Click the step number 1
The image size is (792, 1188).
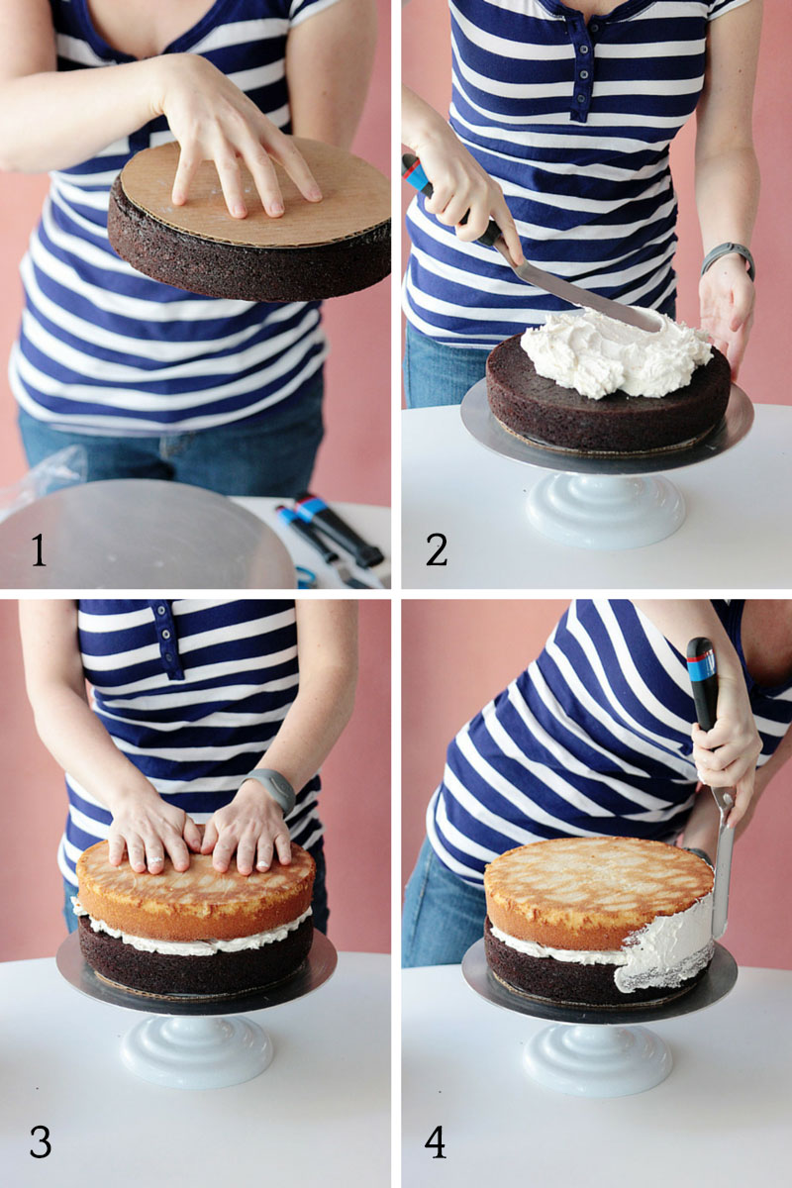coord(39,550)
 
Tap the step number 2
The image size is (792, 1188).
coord(436,550)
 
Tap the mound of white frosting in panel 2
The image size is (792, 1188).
coord(616,352)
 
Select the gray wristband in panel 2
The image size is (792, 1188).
coord(729,258)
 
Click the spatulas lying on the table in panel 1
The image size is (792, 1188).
coord(332,539)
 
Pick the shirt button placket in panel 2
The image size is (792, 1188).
coord(582,69)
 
